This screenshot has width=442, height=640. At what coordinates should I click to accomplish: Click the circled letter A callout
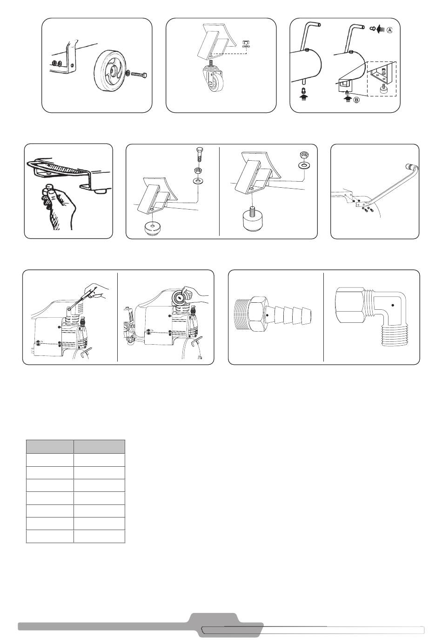389,30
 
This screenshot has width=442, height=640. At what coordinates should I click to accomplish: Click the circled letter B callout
356,100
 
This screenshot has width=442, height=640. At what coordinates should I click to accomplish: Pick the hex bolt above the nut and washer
200,155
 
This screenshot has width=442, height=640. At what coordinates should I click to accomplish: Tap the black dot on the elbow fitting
393,305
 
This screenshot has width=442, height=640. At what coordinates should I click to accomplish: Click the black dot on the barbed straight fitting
267,315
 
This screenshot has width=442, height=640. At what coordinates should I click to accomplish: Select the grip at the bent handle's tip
411,166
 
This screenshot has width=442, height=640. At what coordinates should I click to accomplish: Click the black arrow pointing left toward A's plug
381,29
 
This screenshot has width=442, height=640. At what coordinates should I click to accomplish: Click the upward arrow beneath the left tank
304,98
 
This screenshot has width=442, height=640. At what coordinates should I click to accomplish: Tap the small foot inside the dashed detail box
382,89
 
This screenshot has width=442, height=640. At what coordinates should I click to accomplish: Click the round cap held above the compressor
179,298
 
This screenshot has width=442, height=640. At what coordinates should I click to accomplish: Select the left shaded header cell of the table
50,447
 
